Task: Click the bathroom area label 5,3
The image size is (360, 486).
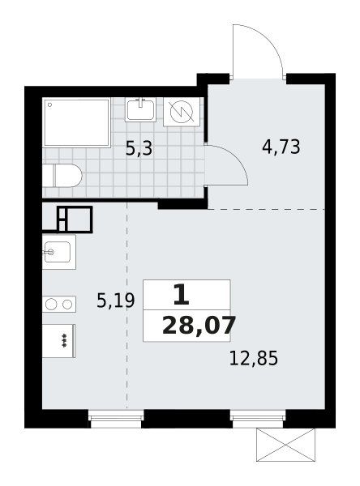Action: (x=139, y=148)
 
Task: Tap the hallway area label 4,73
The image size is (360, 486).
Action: (x=281, y=147)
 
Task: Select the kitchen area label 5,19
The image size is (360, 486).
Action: (x=115, y=301)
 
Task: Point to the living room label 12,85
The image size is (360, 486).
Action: (x=254, y=358)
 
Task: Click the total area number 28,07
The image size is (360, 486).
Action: (x=199, y=326)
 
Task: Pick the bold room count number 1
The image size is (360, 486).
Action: (x=182, y=295)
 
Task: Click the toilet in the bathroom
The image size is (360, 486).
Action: (x=62, y=176)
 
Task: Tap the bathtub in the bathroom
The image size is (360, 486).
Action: (x=77, y=122)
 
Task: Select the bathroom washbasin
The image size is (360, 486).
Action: (x=140, y=110)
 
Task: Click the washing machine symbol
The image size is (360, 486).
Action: (x=182, y=112)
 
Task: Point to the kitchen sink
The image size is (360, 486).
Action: (x=59, y=252)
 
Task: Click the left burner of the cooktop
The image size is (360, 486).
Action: (x=51, y=305)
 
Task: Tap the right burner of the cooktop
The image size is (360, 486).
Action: (x=67, y=305)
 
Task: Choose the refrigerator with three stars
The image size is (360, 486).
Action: (x=59, y=341)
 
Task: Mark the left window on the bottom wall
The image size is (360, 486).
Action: (x=116, y=419)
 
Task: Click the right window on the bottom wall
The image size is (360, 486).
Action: (x=258, y=419)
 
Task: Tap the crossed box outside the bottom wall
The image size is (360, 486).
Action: (x=285, y=445)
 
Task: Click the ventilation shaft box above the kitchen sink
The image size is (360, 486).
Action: (x=75, y=220)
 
